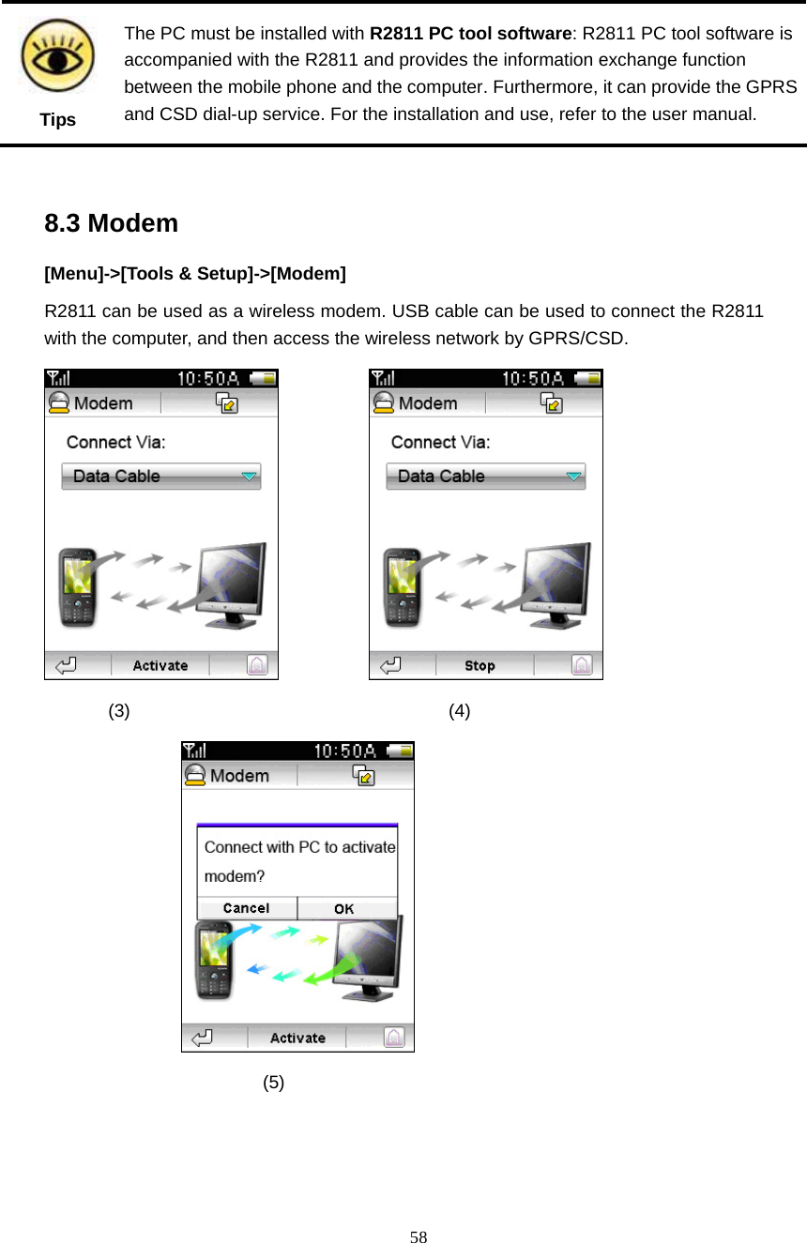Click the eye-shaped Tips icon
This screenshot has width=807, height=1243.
(x=57, y=55)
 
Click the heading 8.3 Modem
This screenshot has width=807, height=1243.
(x=111, y=223)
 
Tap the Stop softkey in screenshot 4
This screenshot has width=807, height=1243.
(x=480, y=665)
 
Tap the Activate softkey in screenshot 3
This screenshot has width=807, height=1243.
(x=160, y=665)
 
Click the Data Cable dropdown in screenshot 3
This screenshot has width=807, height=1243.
(x=161, y=476)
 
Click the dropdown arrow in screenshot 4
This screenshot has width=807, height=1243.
(x=573, y=477)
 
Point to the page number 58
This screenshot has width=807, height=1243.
(x=419, y=1236)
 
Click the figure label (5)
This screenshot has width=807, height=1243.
(x=273, y=1082)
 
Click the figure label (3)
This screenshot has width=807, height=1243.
(x=119, y=710)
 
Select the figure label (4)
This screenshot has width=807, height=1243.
(x=459, y=710)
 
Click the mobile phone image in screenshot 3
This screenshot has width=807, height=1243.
(x=78, y=586)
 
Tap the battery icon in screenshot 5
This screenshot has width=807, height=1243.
(x=401, y=750)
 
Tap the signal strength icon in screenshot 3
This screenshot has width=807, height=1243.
(x=60, y=378)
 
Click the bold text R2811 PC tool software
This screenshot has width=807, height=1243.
(x=470, y=34)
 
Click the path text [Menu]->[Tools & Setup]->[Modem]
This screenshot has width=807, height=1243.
(x=195, y=274)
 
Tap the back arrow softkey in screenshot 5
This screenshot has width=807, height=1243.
(x=202, y=1038)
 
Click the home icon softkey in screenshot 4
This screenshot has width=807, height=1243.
(x=582, y=665)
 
